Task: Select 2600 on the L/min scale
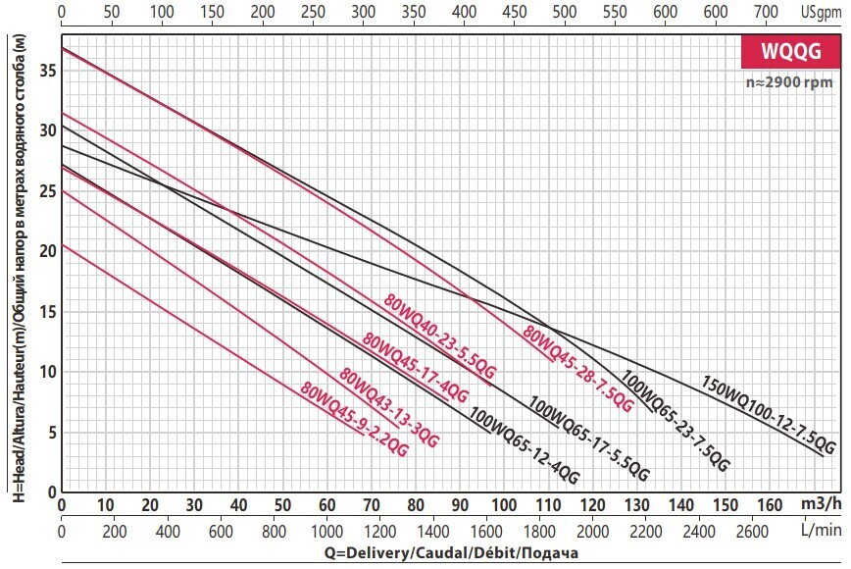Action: (752, 531)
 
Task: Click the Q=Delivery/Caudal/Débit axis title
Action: (320, 552)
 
